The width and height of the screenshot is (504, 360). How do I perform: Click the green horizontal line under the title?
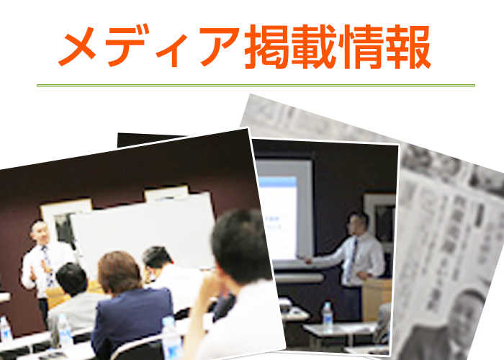pos(256,86)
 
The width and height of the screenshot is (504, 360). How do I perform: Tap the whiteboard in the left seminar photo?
pos(144,230)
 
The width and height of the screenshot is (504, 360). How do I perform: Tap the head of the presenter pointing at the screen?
pos(357,222)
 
